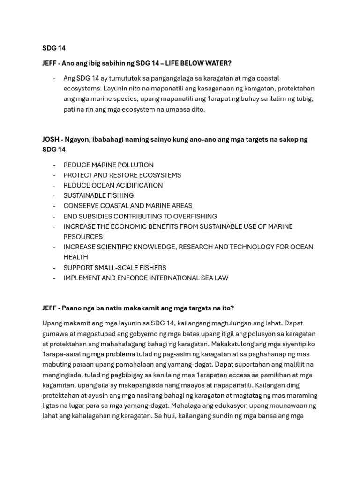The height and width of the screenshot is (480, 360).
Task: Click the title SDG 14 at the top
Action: [x=54, y=48]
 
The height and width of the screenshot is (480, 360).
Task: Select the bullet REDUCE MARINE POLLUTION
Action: [x=108, y=165]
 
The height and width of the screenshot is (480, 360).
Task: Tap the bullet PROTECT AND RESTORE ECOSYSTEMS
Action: [x=122, y=175]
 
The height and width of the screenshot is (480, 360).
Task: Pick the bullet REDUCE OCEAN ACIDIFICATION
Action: [x=113, y=186]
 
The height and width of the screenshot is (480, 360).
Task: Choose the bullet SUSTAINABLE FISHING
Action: [x=98, y=195]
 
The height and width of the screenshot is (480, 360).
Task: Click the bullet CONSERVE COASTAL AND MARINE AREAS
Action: [x=127, y=206]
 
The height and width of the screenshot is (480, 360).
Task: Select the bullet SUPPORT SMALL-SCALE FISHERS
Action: [x=115, y=268]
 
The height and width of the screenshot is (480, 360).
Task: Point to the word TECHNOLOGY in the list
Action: [x=246, y=247]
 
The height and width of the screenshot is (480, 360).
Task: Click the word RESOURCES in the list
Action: [x=83, y=237]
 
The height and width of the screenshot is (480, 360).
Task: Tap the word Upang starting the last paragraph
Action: [x=52, y=323]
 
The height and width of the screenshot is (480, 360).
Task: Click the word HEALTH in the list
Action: [x=76, y=257]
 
